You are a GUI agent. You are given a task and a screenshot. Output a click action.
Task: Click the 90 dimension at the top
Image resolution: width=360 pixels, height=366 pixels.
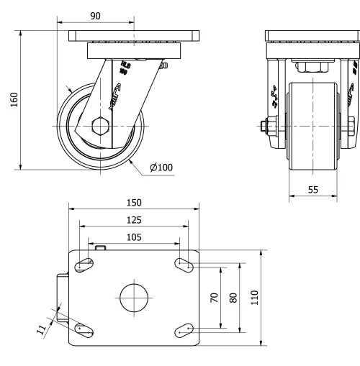(95, 15)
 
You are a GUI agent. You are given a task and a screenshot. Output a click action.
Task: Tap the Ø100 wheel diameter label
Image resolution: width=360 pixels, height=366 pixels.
(161, 168)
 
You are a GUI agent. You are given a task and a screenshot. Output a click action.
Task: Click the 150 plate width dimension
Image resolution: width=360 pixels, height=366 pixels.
(134, 203)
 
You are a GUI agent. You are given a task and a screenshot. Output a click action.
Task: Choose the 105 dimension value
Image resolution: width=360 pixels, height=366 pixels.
(134, 236)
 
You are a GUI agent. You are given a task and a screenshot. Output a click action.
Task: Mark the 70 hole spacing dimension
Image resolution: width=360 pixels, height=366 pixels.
(214, 298)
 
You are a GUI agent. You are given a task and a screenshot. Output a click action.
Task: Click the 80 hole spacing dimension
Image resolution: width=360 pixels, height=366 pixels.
(233, 298)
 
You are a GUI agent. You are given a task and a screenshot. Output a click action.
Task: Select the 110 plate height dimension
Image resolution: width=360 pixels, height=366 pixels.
(253, 298)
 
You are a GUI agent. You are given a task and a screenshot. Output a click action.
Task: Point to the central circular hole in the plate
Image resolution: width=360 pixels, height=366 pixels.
(134, 298)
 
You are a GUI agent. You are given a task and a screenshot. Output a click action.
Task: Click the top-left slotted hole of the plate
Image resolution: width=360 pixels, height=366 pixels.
(84, 265)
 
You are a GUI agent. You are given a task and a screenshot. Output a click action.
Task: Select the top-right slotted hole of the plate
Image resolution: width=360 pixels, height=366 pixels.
(184, 265)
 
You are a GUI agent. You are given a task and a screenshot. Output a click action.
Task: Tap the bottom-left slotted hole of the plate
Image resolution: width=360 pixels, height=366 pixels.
(84, 330)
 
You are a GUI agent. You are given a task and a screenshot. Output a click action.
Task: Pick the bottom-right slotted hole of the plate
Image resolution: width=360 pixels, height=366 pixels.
(184, 330)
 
